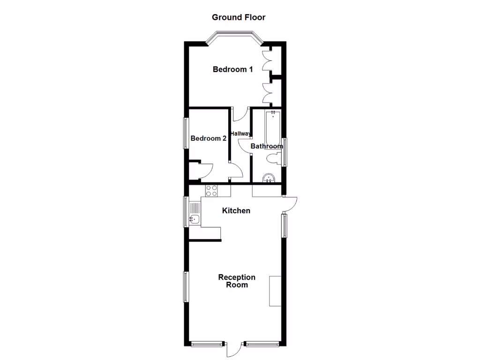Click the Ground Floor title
pos(239,17)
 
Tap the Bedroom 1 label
pos(233,69)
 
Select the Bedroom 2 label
pos(209,138)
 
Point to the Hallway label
pos(240,134)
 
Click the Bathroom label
pos(267,146)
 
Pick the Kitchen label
pos(236,211)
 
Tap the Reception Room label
pos(237,281)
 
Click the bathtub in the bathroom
pos(273,127)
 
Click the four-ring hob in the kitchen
pos(211,190)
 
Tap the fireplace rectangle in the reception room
pos(275,291)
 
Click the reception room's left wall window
pos(186,286)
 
